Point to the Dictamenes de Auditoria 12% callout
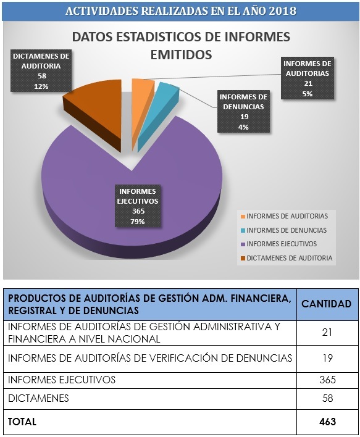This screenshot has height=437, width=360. point(41,71)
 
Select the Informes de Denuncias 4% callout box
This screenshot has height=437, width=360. point(244,112)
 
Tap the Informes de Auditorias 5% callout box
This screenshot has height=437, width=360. point(308,78)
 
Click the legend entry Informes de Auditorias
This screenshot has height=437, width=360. point(284,216)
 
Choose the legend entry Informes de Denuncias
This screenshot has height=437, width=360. point(283,230)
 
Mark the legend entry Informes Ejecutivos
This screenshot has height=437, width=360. point(278,244)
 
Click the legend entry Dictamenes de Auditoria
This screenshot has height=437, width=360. point(287,258)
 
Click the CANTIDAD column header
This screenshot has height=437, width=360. point(327,304)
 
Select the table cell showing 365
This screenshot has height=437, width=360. point(328,380)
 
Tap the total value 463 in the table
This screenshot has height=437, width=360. point(328,422)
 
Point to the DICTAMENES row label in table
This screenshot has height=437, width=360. point(38,398)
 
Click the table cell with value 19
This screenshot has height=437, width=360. point(328,358)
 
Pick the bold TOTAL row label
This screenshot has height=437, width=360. point(22,422)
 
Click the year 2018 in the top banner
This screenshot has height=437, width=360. point(283,11)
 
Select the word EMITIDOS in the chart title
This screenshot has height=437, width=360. point(182,55)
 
